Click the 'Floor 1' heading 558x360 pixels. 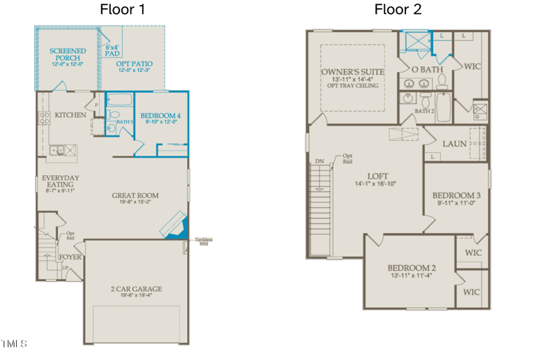point(123,10)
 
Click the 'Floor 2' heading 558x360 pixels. point(398,10)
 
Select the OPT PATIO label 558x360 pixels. point(135,64)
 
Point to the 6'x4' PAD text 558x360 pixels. point(112,50)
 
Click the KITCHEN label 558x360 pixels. point(70,115)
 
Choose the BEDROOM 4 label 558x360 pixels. point(160,116)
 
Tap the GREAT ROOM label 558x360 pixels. point(135,196)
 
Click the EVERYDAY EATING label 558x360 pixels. point(60,182)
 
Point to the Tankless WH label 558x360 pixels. point(204,241)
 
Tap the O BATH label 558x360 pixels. point(428,70)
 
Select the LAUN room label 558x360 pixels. point(455,144)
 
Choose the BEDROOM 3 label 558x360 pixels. point(456,195)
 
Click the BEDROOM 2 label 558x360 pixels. point(412,268)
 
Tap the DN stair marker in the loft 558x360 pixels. point(319,161)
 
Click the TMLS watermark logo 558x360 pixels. point(14,343)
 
